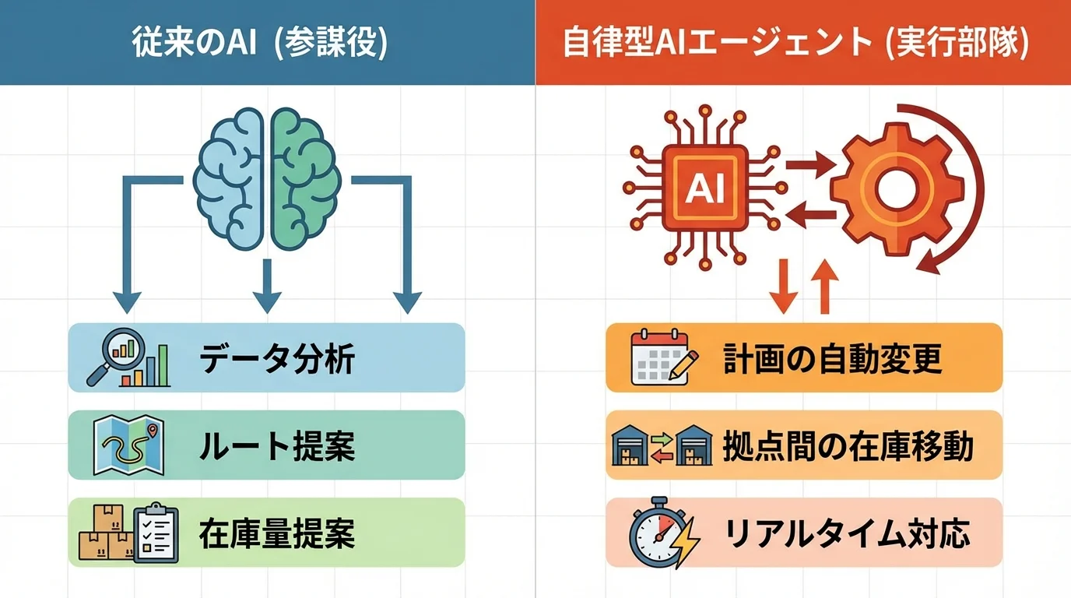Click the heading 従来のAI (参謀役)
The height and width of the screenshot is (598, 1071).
267,43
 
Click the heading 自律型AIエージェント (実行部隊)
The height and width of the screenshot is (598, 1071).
802,43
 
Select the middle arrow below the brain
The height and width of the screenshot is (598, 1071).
267,284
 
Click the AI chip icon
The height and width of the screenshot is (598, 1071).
704,187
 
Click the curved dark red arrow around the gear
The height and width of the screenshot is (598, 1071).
961,195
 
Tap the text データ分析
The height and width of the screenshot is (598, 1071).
277,360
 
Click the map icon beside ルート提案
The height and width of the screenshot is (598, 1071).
128,445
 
